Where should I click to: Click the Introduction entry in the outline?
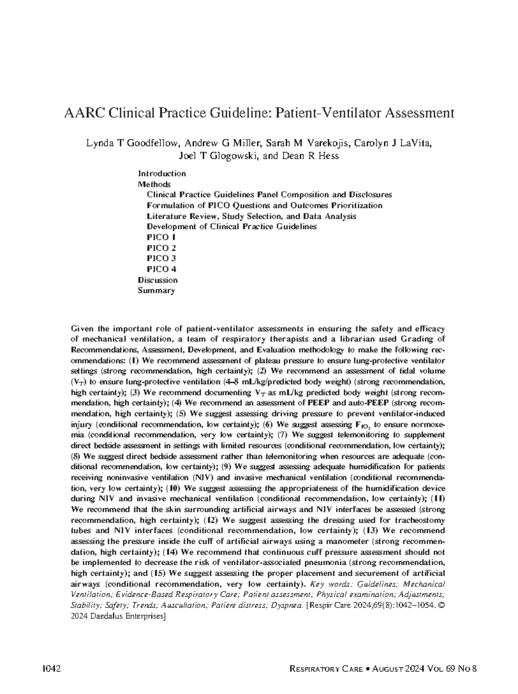(x=162, y=174)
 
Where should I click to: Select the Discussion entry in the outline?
(x=158, y=280)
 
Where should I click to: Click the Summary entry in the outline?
(x=156, y=290)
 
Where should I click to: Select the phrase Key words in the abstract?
(x=327, y=584)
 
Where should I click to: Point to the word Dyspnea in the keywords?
(x=287, y=605)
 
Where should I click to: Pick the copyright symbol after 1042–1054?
(x=441, y=605)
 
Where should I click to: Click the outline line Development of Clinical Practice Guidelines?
(x=232, y=226)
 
